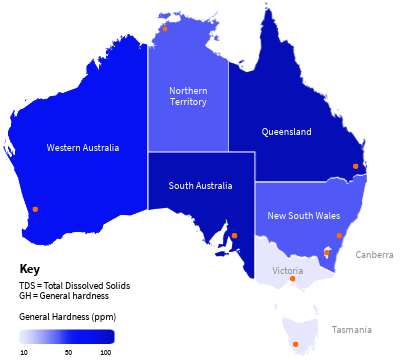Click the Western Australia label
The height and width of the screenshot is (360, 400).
(83, 148)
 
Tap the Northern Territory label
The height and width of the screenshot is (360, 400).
(188, 96)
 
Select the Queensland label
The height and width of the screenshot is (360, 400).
(286, 131)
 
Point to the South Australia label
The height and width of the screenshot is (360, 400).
(200, 185)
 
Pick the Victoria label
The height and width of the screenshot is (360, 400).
(287, 270)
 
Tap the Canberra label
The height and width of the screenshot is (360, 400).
(374, 254)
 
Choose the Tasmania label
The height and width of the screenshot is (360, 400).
(352, 329)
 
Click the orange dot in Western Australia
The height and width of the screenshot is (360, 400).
(35, 209)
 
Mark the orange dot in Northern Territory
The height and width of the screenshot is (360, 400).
(166, 29)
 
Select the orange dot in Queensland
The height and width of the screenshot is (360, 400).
(355, 166)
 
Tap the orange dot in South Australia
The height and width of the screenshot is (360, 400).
(234, 236)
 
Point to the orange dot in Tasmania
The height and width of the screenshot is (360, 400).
(295, 345)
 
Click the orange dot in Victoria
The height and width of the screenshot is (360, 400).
(292, 279)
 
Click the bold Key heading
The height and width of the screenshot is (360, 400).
(30, 269)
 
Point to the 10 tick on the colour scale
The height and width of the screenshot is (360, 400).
(24, 352)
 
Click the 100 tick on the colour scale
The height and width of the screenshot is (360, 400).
(106, 352)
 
